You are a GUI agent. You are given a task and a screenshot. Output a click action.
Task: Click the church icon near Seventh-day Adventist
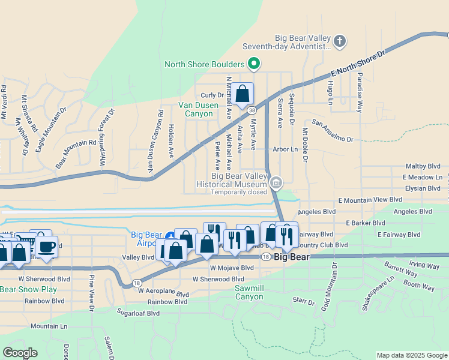340,41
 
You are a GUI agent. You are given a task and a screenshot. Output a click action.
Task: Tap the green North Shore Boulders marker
254,62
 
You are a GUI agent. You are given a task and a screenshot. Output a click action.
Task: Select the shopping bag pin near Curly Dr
243,94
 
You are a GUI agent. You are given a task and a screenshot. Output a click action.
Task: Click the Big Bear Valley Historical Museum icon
276,182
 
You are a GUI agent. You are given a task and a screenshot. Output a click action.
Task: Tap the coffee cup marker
46,247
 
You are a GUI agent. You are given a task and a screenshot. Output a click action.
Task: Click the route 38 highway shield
252,110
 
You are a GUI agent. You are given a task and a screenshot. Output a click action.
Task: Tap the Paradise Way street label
360,93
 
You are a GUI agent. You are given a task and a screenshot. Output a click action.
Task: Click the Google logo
20,353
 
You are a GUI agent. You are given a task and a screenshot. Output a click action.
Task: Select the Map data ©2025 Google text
412,355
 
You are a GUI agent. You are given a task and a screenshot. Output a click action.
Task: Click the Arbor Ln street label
285,149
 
